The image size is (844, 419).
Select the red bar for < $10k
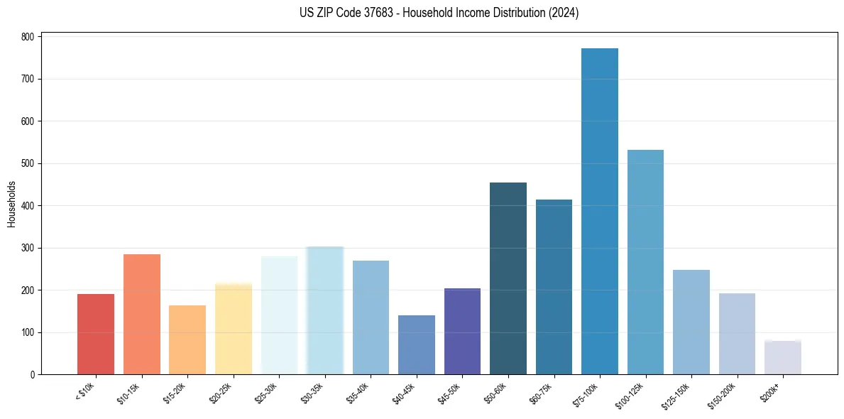96,334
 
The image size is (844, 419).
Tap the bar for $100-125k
645,262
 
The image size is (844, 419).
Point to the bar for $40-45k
417,344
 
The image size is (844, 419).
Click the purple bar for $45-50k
462,331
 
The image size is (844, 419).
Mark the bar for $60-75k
554,287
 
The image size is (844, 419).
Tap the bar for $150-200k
737,334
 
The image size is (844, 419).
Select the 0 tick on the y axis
33,375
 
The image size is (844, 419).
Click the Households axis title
11,204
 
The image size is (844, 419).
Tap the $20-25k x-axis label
222,393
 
